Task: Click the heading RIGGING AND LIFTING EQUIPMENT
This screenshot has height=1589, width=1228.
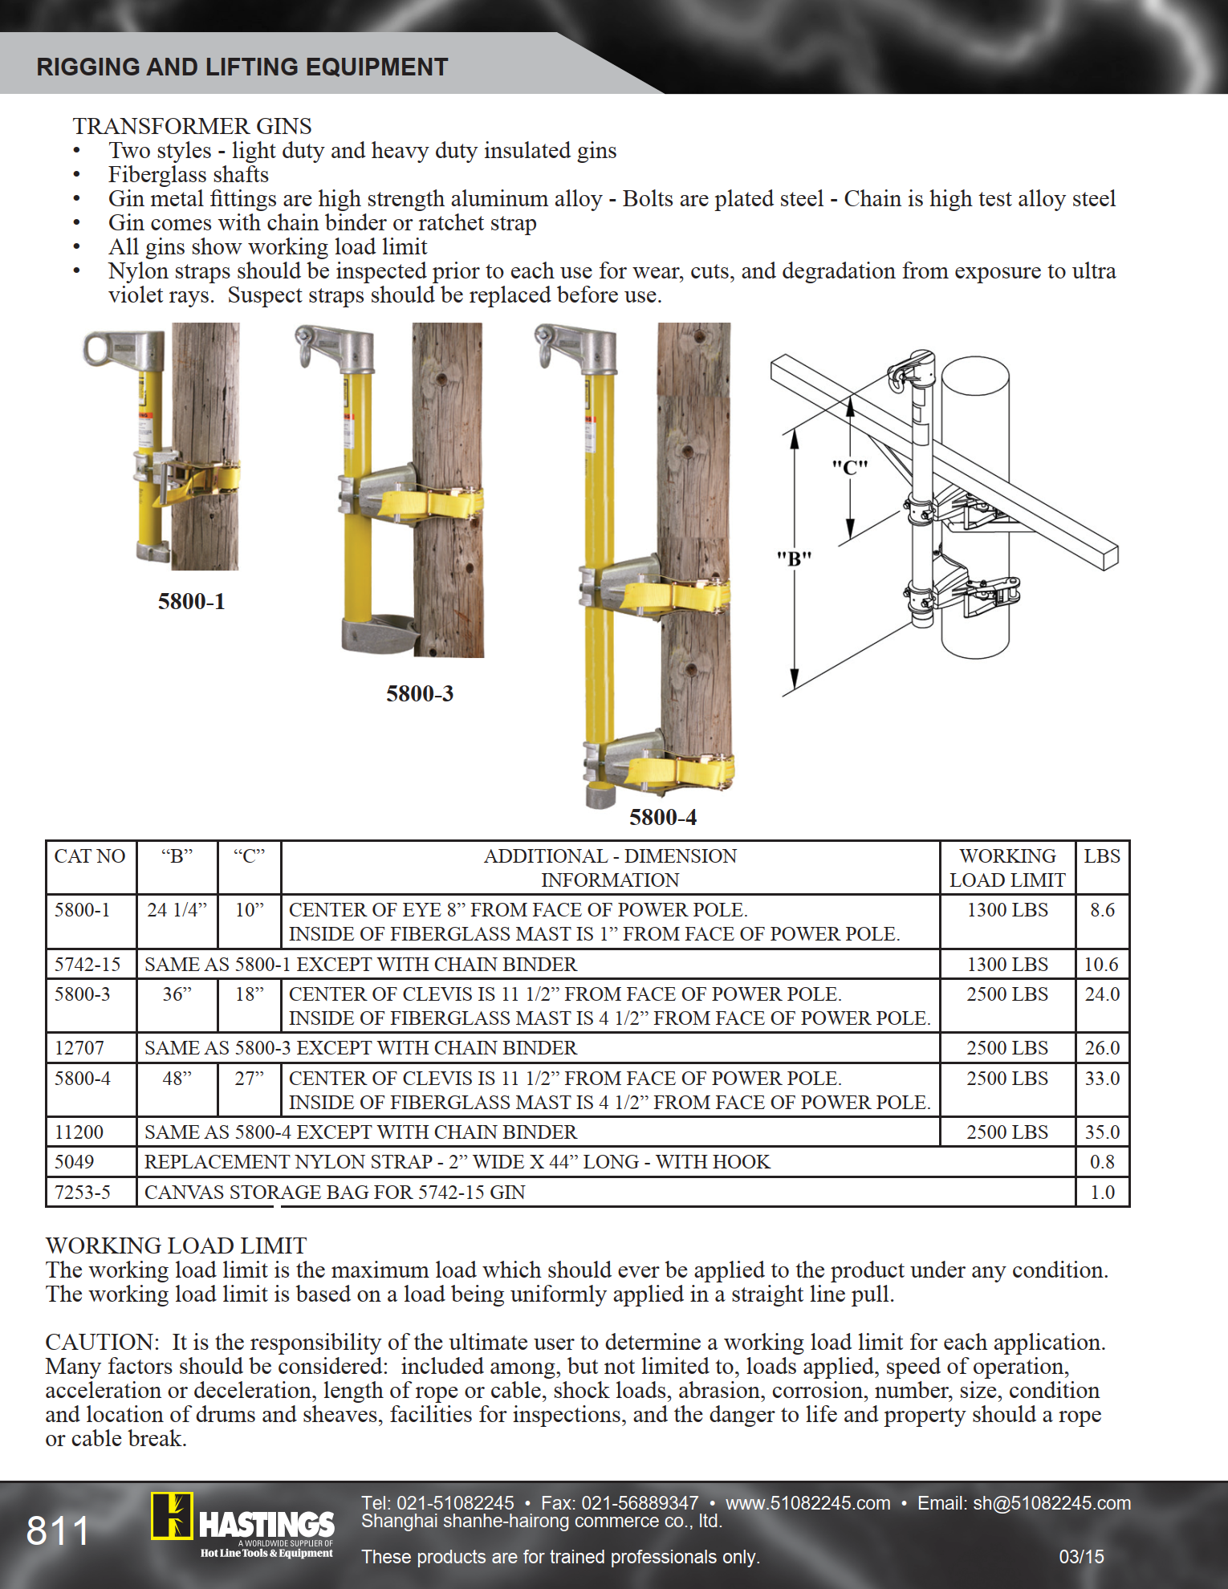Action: (242, 67)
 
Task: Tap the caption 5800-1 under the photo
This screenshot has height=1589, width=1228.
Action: (191, 601)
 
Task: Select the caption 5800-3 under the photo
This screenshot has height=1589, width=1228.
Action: (420, 693)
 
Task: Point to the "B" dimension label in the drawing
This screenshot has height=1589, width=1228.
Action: (794, 559)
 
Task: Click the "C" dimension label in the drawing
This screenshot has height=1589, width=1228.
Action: (849, 467)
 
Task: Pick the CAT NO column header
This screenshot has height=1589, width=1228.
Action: (90, 856)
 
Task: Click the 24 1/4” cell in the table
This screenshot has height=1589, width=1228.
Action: (177, 910)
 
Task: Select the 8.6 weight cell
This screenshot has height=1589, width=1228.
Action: (1102, 910)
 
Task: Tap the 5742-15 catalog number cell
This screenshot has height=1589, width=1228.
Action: (87, 965)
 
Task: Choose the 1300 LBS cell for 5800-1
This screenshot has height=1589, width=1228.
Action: (1007, 910)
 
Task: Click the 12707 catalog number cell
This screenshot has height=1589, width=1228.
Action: (79, 1048)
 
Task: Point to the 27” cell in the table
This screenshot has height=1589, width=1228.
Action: (249, 1079)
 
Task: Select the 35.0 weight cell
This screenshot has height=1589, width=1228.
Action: (1102, 1132)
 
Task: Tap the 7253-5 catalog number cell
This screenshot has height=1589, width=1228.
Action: (82, 1193)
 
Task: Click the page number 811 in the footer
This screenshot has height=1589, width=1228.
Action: (58, 1530)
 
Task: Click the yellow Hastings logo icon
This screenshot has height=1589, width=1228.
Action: (172, 1516)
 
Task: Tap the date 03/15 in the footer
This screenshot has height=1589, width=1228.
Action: (1081, 1557)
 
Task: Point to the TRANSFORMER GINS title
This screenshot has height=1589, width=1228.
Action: (192, 126)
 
